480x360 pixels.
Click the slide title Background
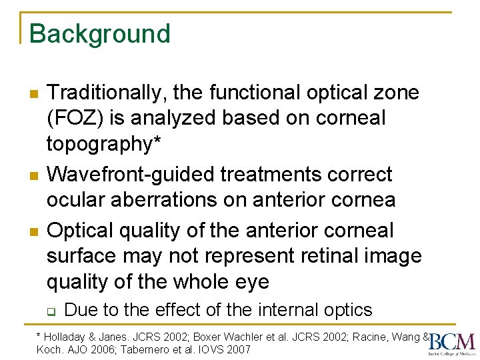point(100,34)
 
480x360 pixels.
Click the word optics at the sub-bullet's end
point(347,310)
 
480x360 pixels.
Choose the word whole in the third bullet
point(195,282)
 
